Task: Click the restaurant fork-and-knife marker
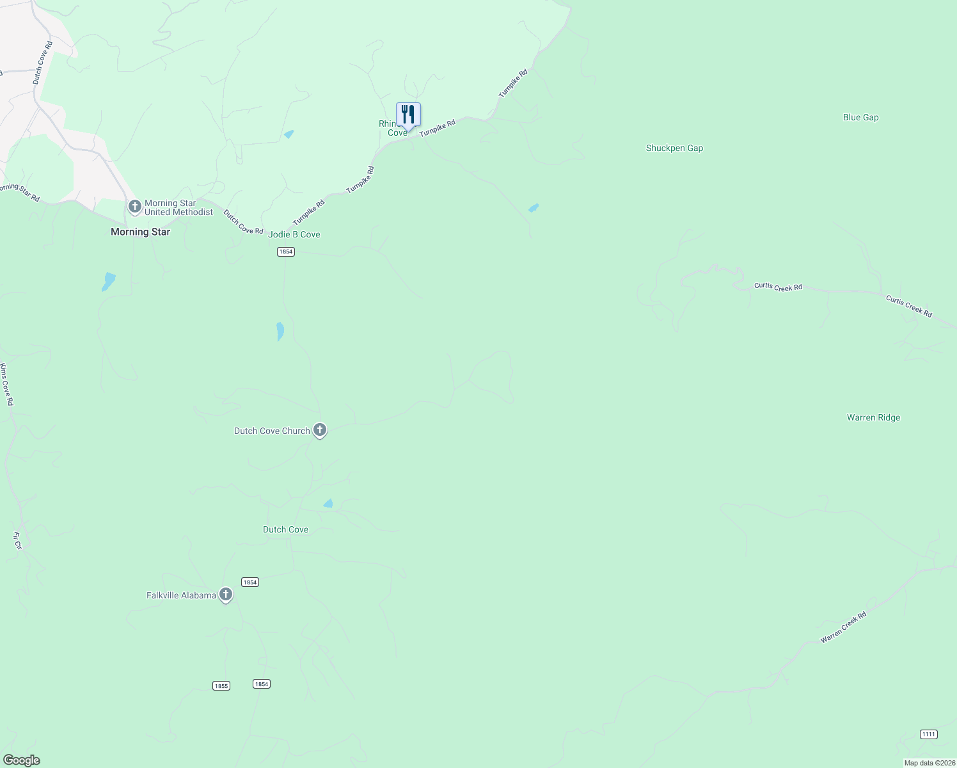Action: tap(408, 115)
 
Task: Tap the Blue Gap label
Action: tap(860, 117)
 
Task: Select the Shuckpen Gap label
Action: tap(674, 148)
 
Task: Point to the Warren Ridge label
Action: tap(873, 417)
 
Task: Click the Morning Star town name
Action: tap(140, 232)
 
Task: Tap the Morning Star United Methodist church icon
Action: tap(134, 206)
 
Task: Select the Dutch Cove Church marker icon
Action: tap(320, 430)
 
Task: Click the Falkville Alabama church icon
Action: tap(225, 595)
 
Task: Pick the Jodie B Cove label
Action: tap(294, 234)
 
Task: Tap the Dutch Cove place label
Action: tap(285, 529)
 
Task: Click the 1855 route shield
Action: tap(221, 685)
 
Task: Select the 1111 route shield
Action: tap(929, 734)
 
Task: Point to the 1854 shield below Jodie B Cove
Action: tap(285, 252)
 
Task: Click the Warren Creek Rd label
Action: tap(843, 627)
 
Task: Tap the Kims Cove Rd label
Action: tap(6, 384)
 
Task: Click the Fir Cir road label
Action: tap(17, 541)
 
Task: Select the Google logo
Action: tap(21, 760)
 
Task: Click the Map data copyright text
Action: tap(929, 763)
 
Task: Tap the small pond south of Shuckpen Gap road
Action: tap(533, 208)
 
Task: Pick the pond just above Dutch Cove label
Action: tap(328, 504)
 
